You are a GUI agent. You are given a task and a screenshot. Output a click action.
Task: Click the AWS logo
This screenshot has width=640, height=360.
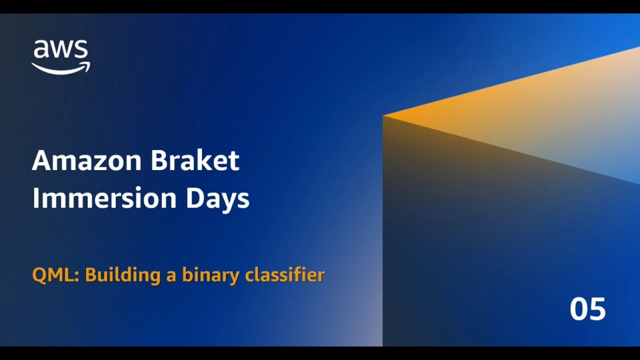[x=60, y=56]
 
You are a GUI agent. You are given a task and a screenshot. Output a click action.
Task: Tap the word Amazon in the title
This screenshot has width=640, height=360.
[x=85, y=160]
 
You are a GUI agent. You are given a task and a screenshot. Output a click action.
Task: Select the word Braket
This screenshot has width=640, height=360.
[x=195, y=160]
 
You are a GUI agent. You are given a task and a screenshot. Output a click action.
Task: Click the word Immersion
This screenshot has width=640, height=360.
[x=104, y=198]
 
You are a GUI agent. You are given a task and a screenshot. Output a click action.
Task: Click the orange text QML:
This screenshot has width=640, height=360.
[x=55, y=275]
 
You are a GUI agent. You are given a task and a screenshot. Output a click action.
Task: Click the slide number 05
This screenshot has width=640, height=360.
[x=587, y=309]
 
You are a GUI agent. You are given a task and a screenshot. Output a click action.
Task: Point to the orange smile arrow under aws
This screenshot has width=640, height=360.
[x=60, y=68]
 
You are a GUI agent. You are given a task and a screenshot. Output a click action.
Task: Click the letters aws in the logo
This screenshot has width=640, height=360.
[x=60, y=50]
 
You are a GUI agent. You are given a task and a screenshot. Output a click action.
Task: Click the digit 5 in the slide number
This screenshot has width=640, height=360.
[x=597, y=309]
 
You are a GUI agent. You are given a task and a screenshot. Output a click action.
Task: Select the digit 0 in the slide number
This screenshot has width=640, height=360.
[x=578, y=309]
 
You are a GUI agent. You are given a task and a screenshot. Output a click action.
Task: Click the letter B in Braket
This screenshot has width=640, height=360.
[x=159, y=160]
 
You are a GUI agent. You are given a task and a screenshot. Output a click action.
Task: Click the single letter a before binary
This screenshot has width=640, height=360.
[x=171, y=276]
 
